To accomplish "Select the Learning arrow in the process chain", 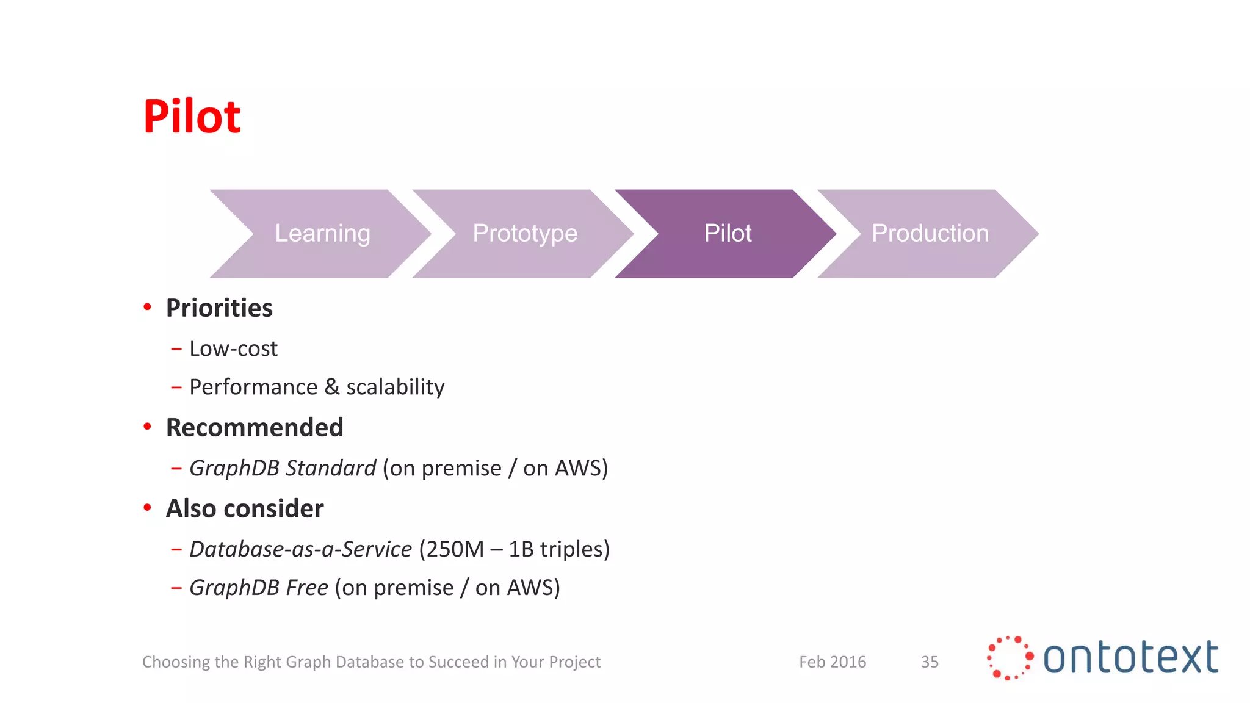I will pos(322,234).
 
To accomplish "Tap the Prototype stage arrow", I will pos(525,234).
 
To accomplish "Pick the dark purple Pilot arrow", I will pos(728,234).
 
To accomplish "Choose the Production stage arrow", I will pos(930,234).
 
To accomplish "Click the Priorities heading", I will pos(219,308).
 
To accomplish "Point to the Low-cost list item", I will pos(233,348).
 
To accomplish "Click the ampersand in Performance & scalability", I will pos(331,387).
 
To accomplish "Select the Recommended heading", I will pos(255,427).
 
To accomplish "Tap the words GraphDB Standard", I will pos(283,468).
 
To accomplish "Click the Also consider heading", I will pos(245,508).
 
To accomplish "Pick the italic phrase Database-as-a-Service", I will pos(300,549).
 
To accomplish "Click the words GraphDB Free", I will pos(259,588).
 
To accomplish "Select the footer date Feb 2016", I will pos(833,662).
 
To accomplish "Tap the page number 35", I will pos(930,662).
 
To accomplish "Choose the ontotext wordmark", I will pos(1130,658).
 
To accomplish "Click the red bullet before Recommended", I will pos(147,427).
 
